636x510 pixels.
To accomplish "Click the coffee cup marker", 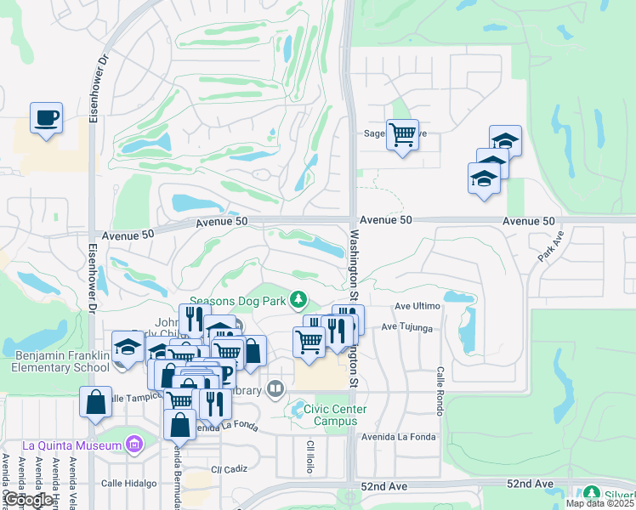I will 46,118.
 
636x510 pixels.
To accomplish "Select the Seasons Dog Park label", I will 237,300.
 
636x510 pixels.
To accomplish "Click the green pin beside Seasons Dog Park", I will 298,298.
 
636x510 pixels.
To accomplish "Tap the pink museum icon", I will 133,444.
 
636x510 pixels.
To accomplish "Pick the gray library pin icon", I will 275,389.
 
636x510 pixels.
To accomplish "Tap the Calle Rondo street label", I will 440,387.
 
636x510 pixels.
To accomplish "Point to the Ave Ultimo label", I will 417,307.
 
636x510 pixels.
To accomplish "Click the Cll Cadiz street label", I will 229,468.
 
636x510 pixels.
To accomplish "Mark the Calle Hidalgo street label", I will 129,483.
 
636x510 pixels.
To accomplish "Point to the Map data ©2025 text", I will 599,503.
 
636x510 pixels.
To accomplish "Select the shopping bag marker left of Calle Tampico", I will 95,402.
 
